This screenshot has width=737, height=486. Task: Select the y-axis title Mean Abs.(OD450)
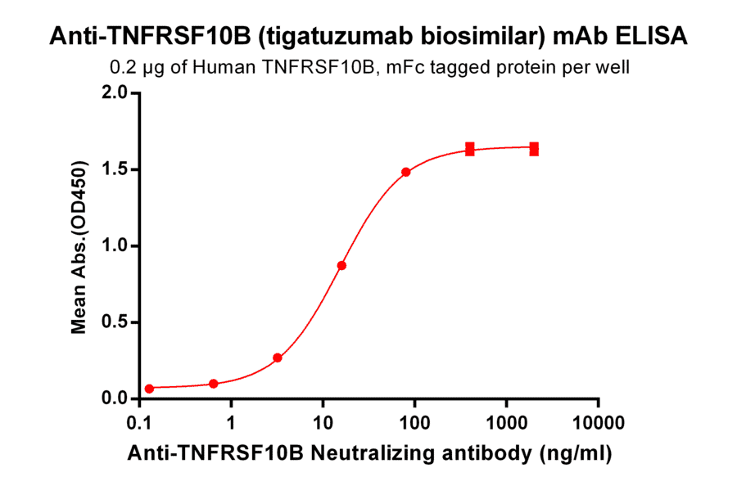79,246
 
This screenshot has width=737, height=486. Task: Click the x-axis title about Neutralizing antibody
369,452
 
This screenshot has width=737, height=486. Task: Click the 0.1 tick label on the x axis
140,425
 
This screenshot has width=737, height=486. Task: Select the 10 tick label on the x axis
323,425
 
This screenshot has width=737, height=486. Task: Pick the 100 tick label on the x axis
414,425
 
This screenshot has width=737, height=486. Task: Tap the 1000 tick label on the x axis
506,425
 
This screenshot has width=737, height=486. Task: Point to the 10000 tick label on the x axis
598,425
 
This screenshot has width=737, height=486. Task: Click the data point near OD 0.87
341,265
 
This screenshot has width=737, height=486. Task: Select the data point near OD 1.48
406,172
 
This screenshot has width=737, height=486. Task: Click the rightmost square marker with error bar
534,149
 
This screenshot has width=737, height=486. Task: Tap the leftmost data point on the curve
149,389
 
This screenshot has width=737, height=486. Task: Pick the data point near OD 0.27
278,358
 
